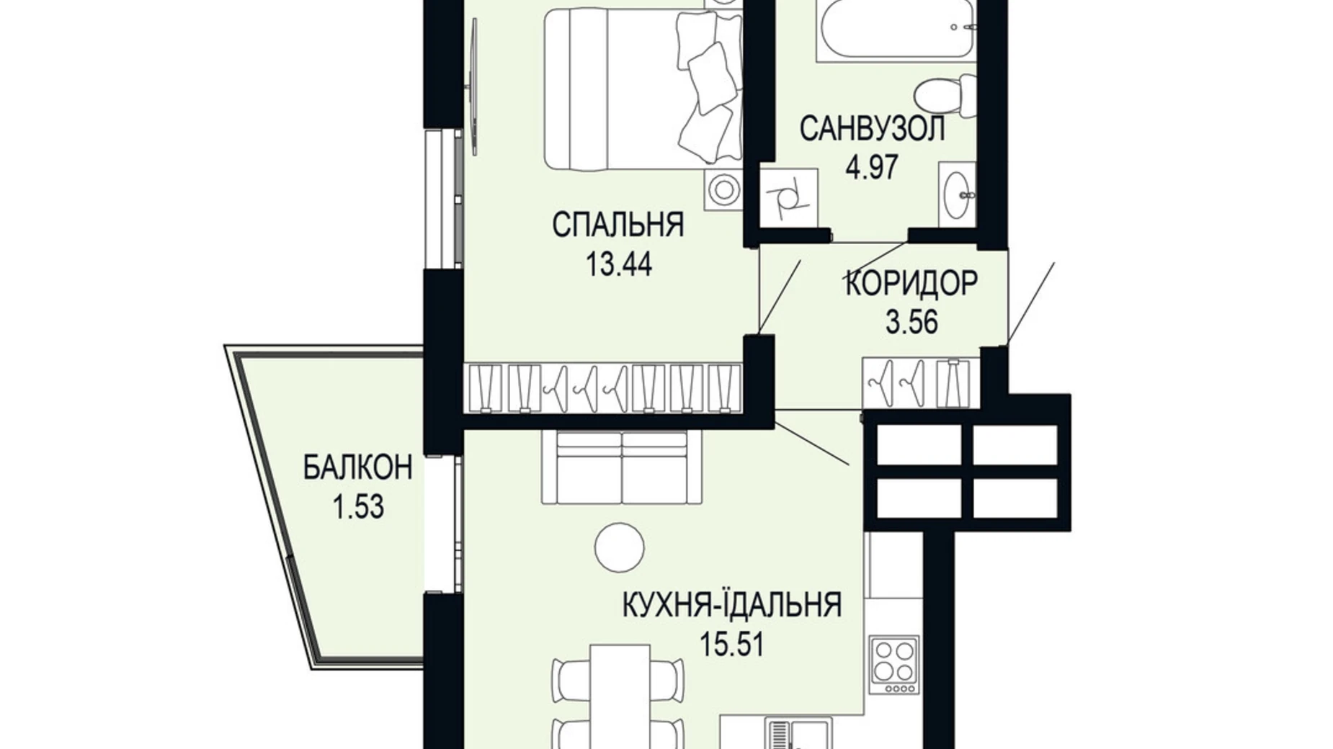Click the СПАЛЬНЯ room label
[x=618, y=225]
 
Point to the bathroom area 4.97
[x=872, y=167]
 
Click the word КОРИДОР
[x=911, y=283]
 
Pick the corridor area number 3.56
[x=911, y=322]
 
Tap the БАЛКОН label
[x=357, y=468]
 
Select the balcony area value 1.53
[x=357, y=507]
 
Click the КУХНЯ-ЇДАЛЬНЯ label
[x=732, y=605]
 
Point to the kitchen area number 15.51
[x=732, y=643]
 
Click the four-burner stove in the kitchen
[x=894, y=665]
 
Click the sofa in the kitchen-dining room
[x=623, y=468]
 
